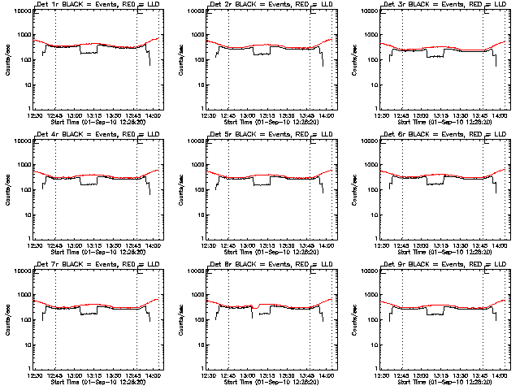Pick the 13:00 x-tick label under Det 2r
click(249, 116)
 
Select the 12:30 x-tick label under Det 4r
click(33, 246)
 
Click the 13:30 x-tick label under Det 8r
click(288, 376)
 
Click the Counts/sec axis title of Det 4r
click(6, 188)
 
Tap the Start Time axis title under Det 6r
click(448, 253)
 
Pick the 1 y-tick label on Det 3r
click(376, 109)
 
